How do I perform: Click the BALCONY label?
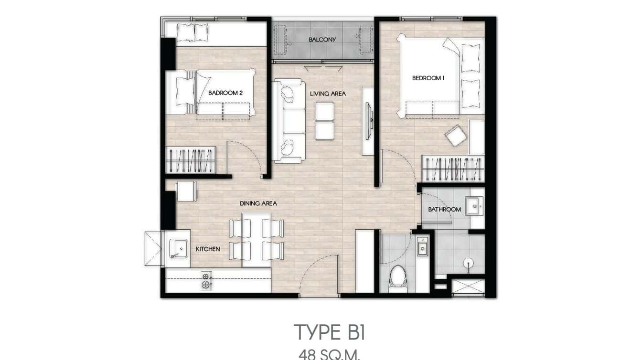(x=322, y=40)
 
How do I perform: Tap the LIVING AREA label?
(x=328, y=94)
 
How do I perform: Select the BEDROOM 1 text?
(x=428, y=78)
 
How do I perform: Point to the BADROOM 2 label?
(x=225, y=93)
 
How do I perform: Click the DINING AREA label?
(x=258, y=203)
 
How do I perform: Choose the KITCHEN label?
(x=208, y=249)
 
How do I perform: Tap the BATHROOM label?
(x=444, y=209)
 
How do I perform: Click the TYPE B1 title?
(x=329, y=332)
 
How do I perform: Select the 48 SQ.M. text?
(x=329, y=354)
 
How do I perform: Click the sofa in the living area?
(x=289, y=122)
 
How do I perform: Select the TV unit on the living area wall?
(x=368, y=121)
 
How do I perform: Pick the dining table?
(x=256, y=240)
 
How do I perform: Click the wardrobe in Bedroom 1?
(x=453, y=169)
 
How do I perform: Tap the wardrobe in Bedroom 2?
(x=191, y=160)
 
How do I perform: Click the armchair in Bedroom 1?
(x=456, y=136)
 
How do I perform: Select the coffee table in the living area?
(x=325, y=121)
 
